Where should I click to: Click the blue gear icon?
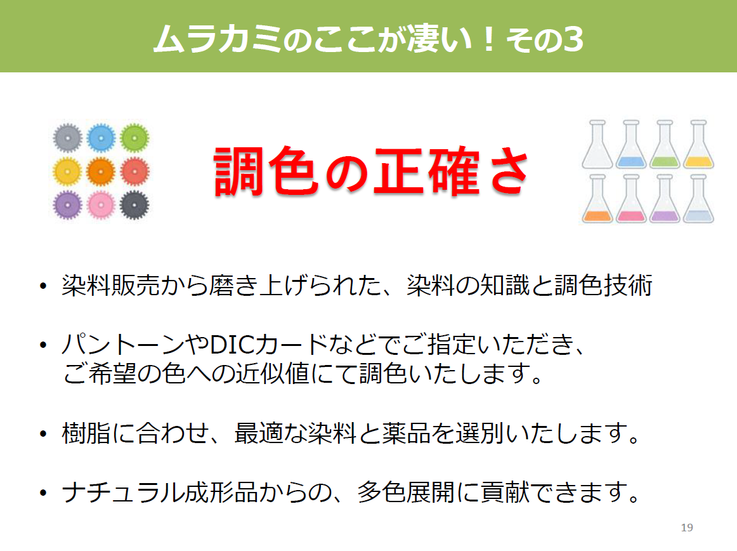pos(101,138)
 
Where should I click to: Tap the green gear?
pos(134,138)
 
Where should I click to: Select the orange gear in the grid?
pos(101,172)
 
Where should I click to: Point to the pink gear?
pos(101,205)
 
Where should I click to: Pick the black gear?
pos(134,205)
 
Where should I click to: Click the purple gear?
pos(68,205)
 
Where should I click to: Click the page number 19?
pos(687,528)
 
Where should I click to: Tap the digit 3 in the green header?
pos(573,39)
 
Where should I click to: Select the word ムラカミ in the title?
pos(218,39)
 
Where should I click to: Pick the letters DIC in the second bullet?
pos(232,345)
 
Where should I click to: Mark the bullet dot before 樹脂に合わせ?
pos(43,434)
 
